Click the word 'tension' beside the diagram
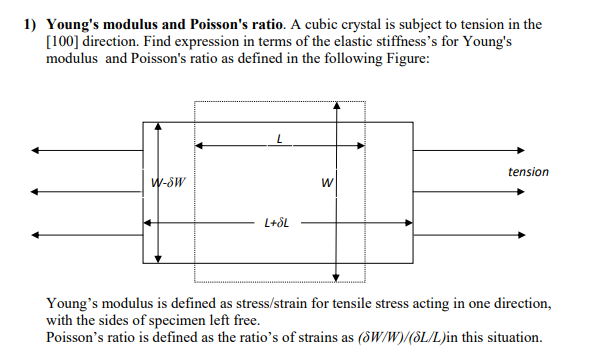(x=528, y=172)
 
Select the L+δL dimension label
(x=277, y=222)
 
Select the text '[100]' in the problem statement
(x=64, y=41)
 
